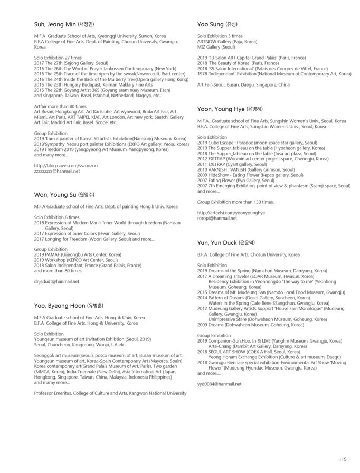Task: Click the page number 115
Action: click(343, 459)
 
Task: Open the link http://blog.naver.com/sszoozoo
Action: click(65, 166)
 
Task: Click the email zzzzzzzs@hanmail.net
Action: click(57, 171)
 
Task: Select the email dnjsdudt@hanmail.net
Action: click(56, 281)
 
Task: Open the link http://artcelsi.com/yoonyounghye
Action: click(231, 212)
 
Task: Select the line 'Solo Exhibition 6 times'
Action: click(57, 217)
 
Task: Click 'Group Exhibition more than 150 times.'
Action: click(235, 202)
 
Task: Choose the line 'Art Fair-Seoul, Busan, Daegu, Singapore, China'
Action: click(243, 84)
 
